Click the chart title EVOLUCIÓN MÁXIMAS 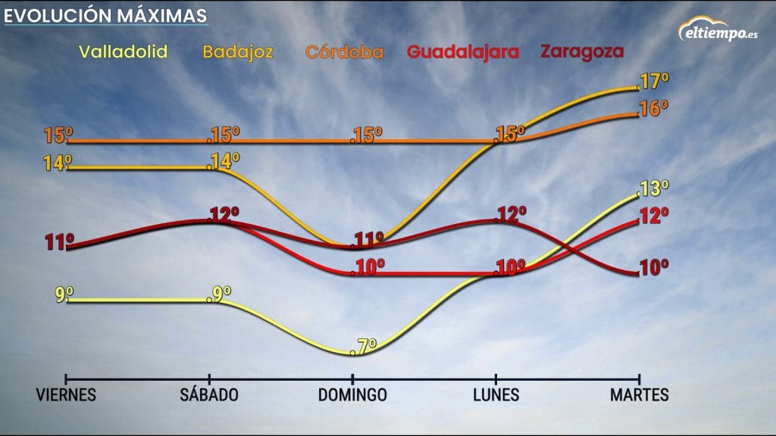[x=106, y=15]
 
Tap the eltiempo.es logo [x=718, y=33]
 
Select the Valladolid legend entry [x=123, y=52]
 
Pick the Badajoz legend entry [x=237, y=53]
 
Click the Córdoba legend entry [x=344, y=52]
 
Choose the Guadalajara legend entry [x=463, y=52]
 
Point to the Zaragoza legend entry [x=581, y=51]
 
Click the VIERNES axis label [x=67, y=395]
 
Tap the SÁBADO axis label [x=209, y=395]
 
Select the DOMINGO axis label [x=352, y=395]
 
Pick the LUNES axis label [x=496, y=395]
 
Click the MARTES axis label [x=640, y=395]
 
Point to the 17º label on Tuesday [x=653, y=82]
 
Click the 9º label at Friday [x=64, y=294]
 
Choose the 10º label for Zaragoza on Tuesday [x=653, y=267]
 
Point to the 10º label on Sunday [x=369, y=267]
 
